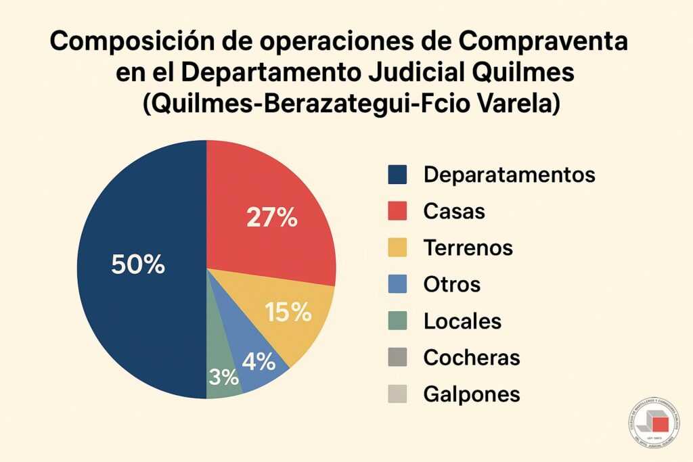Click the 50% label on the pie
pyautogui.click(x=138, y=265)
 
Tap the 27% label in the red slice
pyautogui.click(x=272, y=218)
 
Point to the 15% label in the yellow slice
pyautogui.click(x=288, y=313)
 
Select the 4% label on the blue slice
pyautogui.click(x=258, y=362)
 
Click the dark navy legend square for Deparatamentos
pyautogui.click(x=397, y=175)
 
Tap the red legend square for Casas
pyautogui.click(x=397, y=211)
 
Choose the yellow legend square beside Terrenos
pyautogui.click(x=397, y=248)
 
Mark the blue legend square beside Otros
pyautogui.click(x=397, y=284)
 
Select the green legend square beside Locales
pyautogui.click(x=397, y=321)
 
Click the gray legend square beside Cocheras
pyautogui.click(x=397, y=357)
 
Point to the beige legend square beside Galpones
pyautogui.click(x=397, y=394)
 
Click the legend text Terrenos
pyautogui.click(x=468, y=248)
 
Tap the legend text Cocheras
pyautogui.click(x=471, y=357)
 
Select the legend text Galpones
pyautogui.click(x=471, y=394)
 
